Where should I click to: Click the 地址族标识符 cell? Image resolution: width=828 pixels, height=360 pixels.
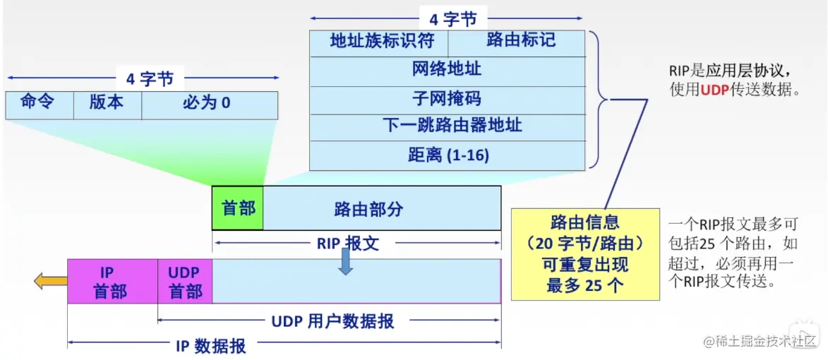coord(378,43)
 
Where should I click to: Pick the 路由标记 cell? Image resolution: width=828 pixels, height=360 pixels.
coord(517,43)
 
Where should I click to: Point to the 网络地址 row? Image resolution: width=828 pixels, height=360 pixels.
coord(448,72)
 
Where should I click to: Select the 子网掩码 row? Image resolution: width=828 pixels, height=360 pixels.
coord(448,100)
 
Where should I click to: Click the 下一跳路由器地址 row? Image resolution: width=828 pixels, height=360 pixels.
coord(448,127)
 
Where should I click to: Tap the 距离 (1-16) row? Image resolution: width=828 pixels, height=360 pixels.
coord(448,156)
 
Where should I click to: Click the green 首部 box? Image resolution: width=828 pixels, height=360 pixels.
coord(238,208)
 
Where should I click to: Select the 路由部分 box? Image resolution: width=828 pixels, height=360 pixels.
coord(382,208)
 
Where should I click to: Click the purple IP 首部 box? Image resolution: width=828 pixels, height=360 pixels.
coord(112,282)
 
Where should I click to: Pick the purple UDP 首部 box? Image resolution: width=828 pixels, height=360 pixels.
coord(185,282)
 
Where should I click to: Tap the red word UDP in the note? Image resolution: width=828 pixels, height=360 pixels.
coord(714,91)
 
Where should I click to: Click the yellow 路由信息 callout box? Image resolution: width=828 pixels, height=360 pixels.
coord(585,254)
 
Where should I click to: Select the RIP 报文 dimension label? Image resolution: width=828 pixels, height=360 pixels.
coord(348,244)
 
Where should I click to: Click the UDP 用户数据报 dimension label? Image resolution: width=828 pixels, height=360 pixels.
coord(332,320)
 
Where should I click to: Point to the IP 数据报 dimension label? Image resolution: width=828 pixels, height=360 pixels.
coord(210,346)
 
